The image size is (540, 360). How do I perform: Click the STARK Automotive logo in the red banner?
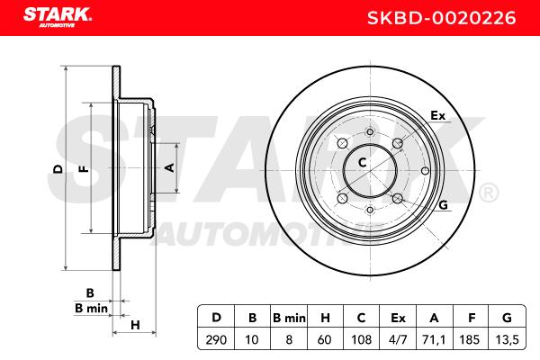pos(58,17)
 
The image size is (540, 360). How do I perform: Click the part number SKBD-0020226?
pos(442,18)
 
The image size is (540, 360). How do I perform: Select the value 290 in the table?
pos(216,339)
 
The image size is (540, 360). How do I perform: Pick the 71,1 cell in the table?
pos(434,339)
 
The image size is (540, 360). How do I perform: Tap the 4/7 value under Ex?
pos(398,339)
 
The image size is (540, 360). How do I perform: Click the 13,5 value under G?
pos(507,339)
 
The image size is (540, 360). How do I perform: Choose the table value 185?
pos(470,339)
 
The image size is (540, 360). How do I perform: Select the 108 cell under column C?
pos(361,339)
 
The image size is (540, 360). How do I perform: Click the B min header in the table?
pos(289,318)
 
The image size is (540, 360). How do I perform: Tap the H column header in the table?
pos(325,318)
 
